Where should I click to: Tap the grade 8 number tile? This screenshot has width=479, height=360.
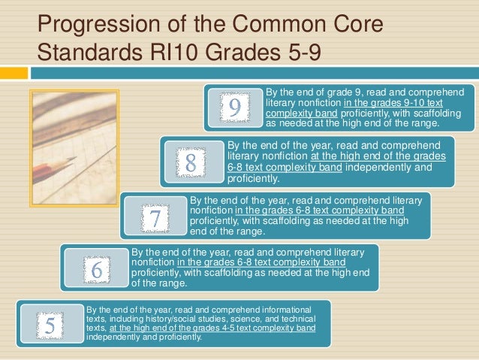coord(191,161)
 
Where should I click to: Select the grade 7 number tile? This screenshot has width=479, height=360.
coord(155,218)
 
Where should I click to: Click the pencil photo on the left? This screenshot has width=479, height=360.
coord(74,147)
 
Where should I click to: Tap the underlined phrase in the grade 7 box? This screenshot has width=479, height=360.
coord(324,211)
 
